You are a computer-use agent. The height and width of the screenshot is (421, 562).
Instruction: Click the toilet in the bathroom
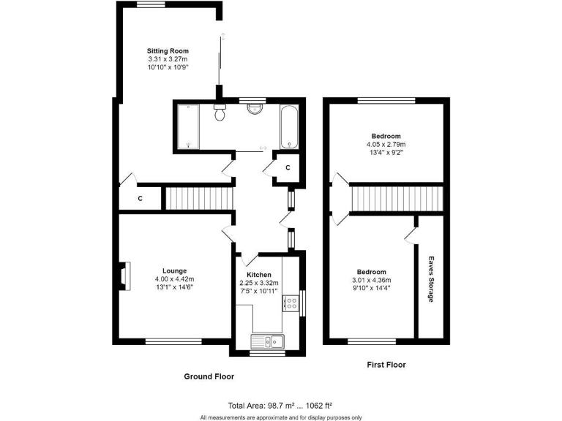pos(220,112)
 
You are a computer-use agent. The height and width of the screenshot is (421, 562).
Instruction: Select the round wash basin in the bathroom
pos(255,109)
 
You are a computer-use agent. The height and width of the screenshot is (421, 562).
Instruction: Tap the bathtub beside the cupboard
pos(288,126)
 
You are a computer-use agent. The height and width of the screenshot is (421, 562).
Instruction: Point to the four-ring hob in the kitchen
pos(292,303)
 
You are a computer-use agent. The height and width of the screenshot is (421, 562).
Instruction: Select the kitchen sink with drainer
pos(268,340)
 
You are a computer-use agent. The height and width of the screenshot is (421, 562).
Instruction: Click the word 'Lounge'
pos(175,270)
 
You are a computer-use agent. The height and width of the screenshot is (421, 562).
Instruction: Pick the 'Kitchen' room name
pos(260,275)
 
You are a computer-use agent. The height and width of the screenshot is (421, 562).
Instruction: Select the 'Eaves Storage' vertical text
pos(432,277)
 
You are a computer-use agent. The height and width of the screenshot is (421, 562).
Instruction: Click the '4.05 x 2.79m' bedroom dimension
pos(386,145)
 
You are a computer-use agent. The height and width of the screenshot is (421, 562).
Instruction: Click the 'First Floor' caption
pos(385,364)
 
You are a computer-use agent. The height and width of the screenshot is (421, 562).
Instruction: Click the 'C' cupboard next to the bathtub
pos(288,167)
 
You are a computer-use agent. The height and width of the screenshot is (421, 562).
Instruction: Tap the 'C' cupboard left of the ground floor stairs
pos(140,198)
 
